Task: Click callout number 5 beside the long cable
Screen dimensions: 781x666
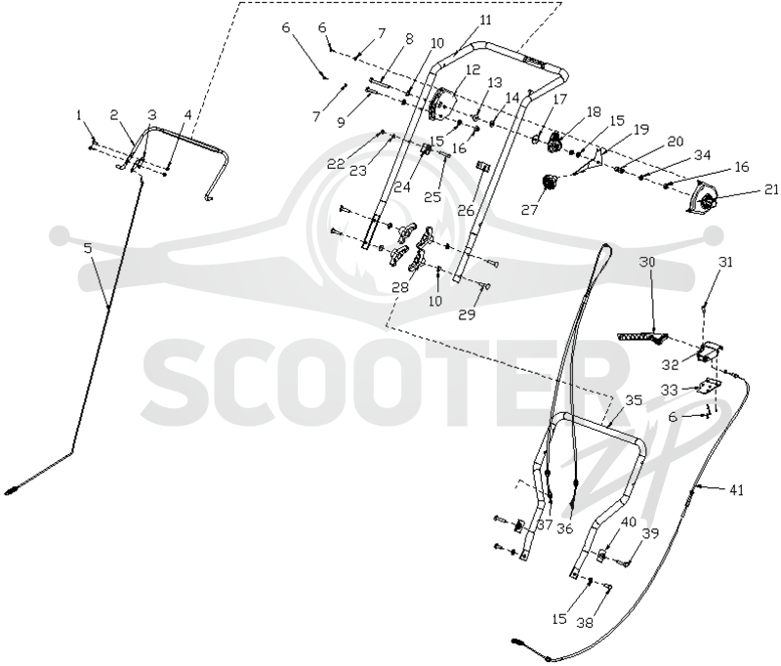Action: tap(88, 248)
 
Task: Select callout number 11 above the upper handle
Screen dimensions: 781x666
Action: tap(484, 20)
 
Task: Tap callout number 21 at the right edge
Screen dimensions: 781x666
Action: tap(770, 188)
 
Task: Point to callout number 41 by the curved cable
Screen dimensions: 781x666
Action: tap(736, 490)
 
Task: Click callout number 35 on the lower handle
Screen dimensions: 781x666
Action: tap(634, 401)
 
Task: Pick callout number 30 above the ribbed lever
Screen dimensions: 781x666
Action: tap(647, 262)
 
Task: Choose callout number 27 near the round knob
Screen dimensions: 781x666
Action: tap(529, 210)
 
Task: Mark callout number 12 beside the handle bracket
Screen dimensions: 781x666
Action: tap(473, 69)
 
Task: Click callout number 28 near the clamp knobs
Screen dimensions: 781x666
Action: tap(400, 287)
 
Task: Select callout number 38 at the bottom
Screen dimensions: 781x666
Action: tap(585, 622)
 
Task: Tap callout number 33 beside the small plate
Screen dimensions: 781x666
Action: tap(670, 390)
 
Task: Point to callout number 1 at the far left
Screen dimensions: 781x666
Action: tap(79, 115)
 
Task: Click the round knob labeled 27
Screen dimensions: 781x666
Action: tap(549, 182)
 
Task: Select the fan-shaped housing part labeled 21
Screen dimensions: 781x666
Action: tap(701, 200)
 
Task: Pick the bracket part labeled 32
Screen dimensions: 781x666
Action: tap(711, 351)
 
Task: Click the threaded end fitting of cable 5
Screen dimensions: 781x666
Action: tap(12, 489)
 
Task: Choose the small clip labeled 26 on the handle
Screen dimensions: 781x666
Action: tap(482, 166)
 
